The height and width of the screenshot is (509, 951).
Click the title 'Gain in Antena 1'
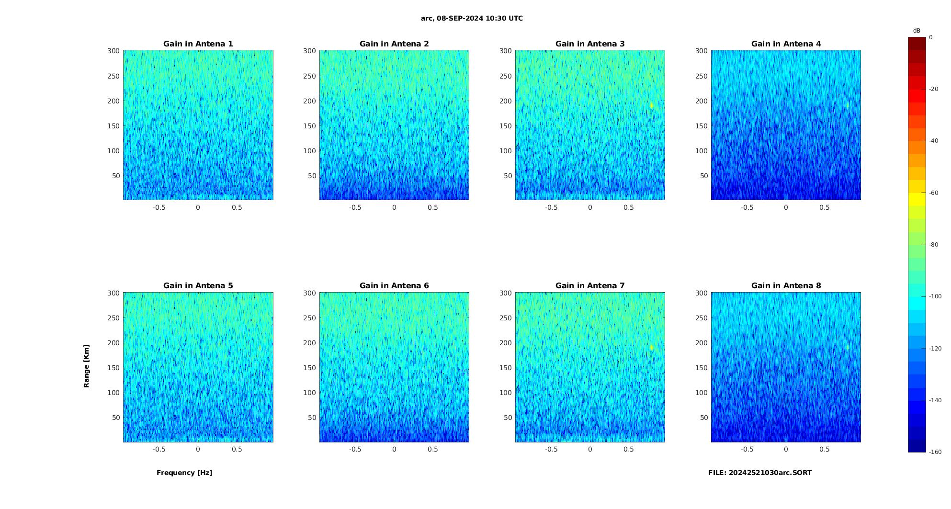coord(198,44)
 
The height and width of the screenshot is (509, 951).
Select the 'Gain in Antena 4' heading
coord(786,44)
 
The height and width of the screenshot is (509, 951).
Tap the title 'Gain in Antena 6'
coord(394,286)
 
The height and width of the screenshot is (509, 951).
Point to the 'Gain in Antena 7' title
coord(590,286)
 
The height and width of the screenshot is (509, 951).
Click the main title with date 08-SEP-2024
coord(472,19)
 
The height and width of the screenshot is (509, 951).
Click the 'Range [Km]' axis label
coord(86,366)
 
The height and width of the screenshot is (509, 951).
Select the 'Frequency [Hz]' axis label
coord(184,473)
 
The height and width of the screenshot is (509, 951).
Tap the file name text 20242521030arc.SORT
coord(760,473)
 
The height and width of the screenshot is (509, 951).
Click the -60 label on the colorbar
coord(934,193)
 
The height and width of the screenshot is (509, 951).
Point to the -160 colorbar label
coord(935,452)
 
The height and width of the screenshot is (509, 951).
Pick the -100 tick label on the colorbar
coord(935,296)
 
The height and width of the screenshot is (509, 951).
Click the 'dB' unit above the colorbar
coord(917,31)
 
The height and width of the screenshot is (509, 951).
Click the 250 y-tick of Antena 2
coord(309,76)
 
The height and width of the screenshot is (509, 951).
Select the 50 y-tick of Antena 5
coord(116,418)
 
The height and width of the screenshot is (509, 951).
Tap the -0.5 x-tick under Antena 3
coord(551,207)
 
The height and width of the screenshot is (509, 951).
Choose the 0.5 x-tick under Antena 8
coord(824,449)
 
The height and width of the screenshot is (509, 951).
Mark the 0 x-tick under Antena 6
coord(394,449)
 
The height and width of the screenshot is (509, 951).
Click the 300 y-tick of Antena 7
coord(506,293)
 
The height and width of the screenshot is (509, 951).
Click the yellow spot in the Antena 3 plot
coord(652,105)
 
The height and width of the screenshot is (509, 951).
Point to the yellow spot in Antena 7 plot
coord(652,347)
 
